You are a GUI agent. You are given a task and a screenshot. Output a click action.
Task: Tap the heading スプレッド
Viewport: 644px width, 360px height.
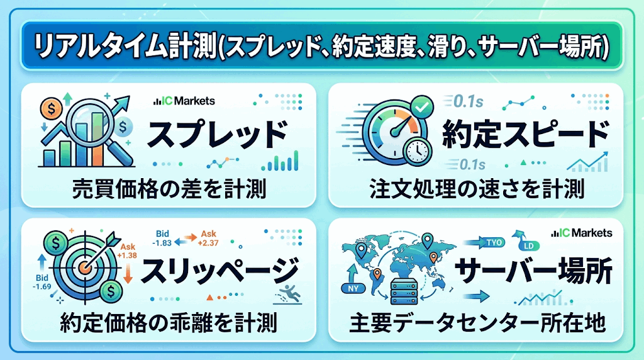218,135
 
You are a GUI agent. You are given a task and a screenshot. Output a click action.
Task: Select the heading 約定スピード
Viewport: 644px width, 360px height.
525,135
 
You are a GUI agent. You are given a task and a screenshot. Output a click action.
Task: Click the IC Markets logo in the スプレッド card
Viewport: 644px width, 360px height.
184,101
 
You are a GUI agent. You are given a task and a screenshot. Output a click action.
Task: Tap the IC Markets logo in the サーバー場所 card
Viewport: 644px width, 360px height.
582,233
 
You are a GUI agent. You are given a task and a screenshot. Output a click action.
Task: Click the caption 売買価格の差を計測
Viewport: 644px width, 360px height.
169,189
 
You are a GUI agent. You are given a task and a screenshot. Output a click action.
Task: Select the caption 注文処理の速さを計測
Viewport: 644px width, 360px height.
477,189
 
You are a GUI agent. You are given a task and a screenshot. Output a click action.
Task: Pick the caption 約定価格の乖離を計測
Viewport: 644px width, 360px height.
169,323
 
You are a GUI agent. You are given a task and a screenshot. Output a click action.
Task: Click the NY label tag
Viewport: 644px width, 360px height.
353,288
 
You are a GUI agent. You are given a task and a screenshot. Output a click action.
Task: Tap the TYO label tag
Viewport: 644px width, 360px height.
494,242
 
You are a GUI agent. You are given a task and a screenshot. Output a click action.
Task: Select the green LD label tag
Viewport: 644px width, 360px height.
528,245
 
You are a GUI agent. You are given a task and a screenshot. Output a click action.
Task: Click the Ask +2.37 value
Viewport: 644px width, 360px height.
208,239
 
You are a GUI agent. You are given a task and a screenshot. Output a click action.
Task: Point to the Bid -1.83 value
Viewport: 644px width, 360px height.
162,239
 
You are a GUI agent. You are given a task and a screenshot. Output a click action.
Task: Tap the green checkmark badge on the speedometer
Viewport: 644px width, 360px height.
422,107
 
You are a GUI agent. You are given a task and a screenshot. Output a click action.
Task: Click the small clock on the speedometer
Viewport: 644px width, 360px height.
418,151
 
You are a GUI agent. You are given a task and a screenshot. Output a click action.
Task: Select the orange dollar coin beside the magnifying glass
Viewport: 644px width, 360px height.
52,109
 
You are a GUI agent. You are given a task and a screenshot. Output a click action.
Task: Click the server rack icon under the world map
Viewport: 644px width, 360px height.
404,291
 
